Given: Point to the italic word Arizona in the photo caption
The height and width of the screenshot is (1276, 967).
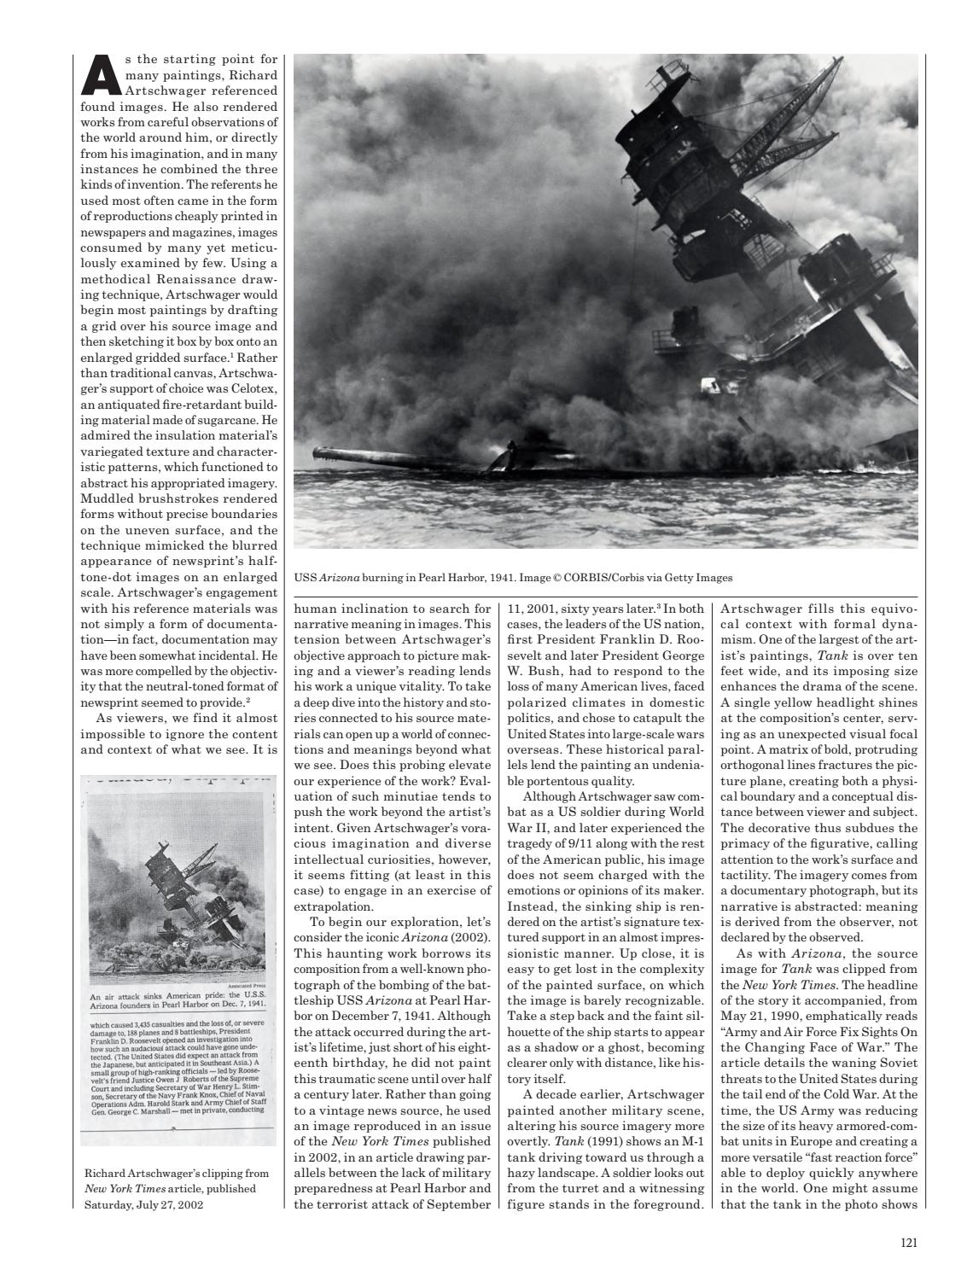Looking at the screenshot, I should click(x=339, y=578).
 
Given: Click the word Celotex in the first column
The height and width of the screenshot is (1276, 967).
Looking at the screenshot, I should click(x=253, y=389).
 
